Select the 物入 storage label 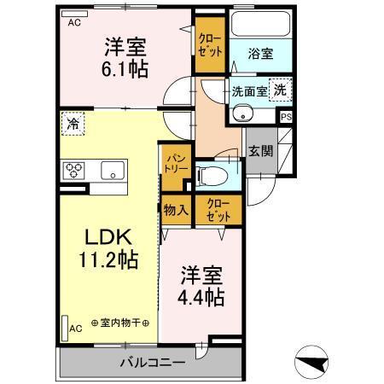click(x=176, y=210)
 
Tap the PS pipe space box click(x=286, y=117)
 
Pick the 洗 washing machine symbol click(x=280, y=90)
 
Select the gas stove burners click(x=73, y=169)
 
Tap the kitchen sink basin click(x=113, y=170)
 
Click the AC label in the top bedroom click(x=74, y=23)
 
